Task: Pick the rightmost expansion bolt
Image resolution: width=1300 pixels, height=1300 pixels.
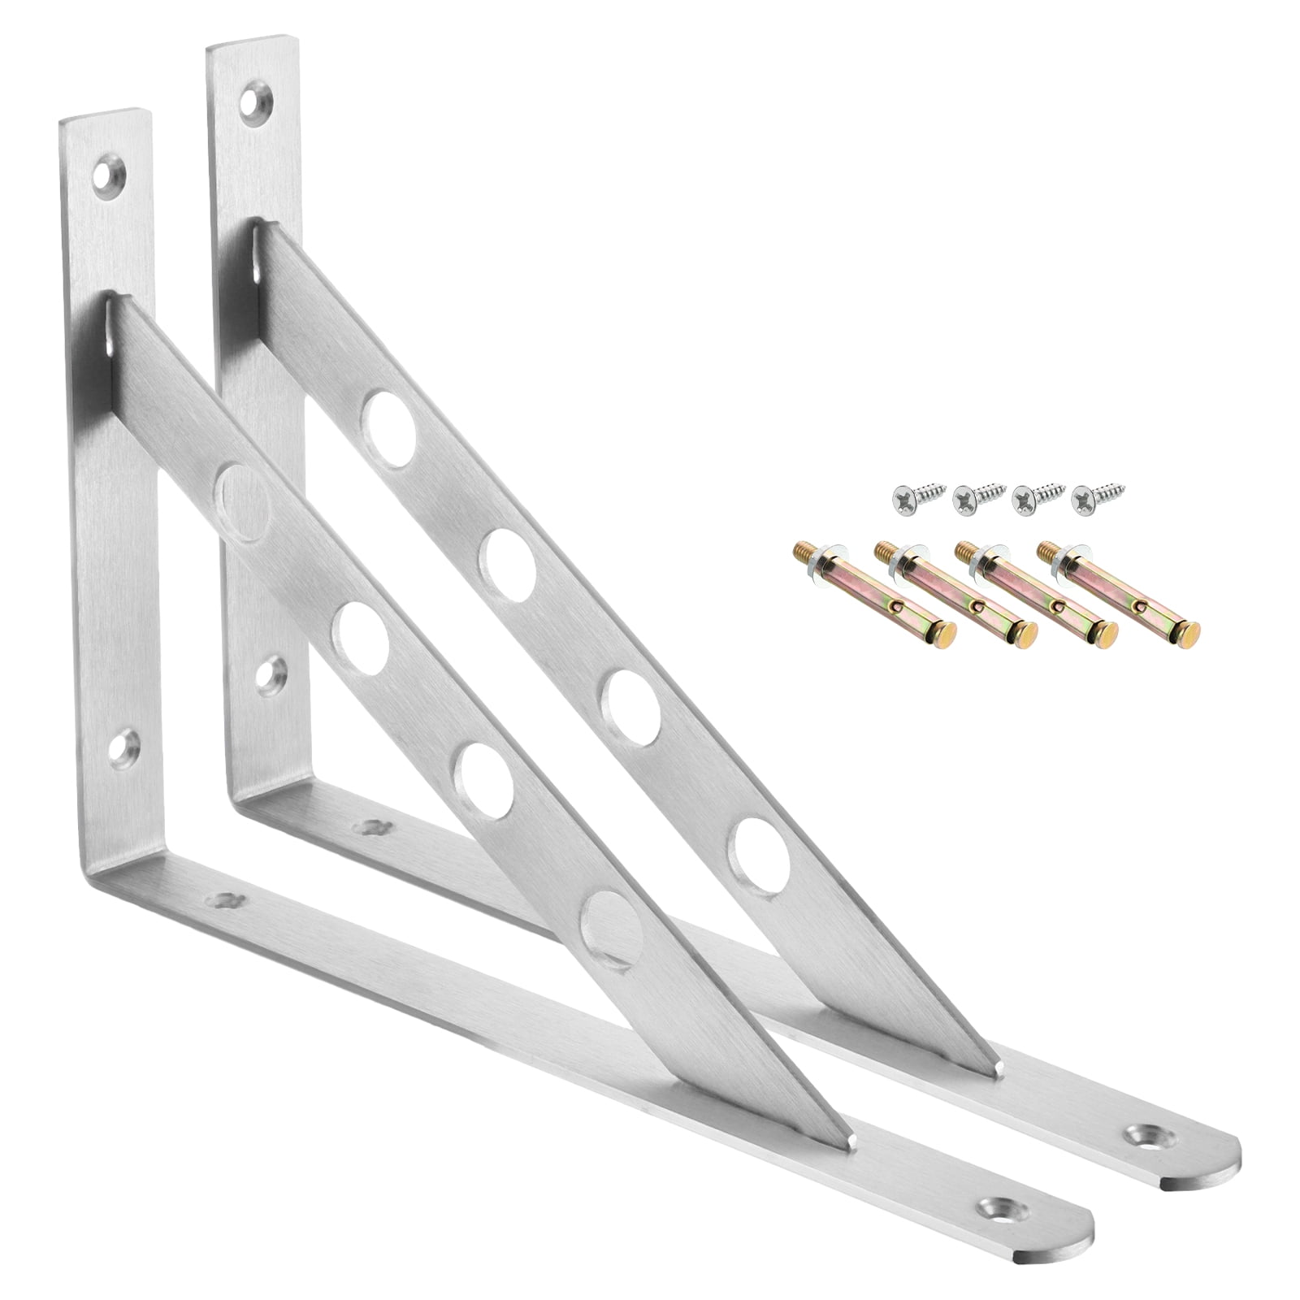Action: click(1117, 592)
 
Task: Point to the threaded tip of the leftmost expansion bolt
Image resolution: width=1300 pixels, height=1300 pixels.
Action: click(802, 555)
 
